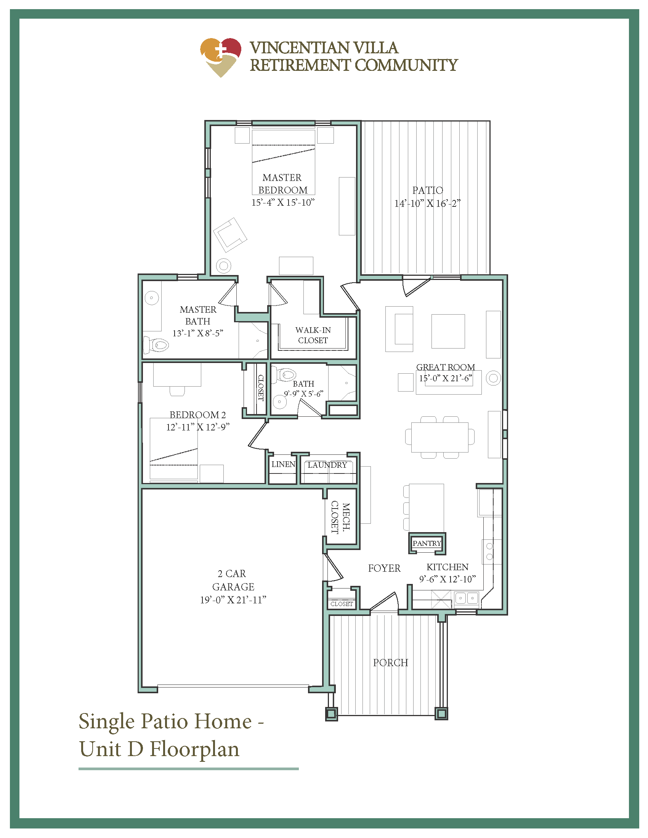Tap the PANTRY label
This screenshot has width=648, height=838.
tap(427, 543)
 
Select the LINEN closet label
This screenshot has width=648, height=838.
tap(283, 464)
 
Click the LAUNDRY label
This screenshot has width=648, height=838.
tap(327, 465)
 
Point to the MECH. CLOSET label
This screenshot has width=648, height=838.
tap(340, 517)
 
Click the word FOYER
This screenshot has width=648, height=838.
tap(384, 568)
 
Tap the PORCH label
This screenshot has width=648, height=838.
tap(390, 663)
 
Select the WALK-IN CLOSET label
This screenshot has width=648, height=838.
tap(313, 335)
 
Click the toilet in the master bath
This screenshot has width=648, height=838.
tap(157, 345)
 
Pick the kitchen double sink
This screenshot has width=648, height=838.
tap(467, 598)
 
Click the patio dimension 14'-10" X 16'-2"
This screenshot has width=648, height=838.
tap(427, 203)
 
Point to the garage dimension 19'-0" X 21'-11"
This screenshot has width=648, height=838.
tap(233, 600)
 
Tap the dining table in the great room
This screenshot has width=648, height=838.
tap(439, 437)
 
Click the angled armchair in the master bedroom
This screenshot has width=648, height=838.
tap(230, 235)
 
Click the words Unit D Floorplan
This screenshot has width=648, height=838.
tap(159, 749)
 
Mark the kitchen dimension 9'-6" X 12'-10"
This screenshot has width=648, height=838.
tap(447, 579)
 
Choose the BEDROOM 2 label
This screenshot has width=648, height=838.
tap(198, 415)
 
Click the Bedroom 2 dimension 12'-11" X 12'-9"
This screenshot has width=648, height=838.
tap(198, 427)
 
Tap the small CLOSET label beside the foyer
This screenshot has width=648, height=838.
tap(342, 604)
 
